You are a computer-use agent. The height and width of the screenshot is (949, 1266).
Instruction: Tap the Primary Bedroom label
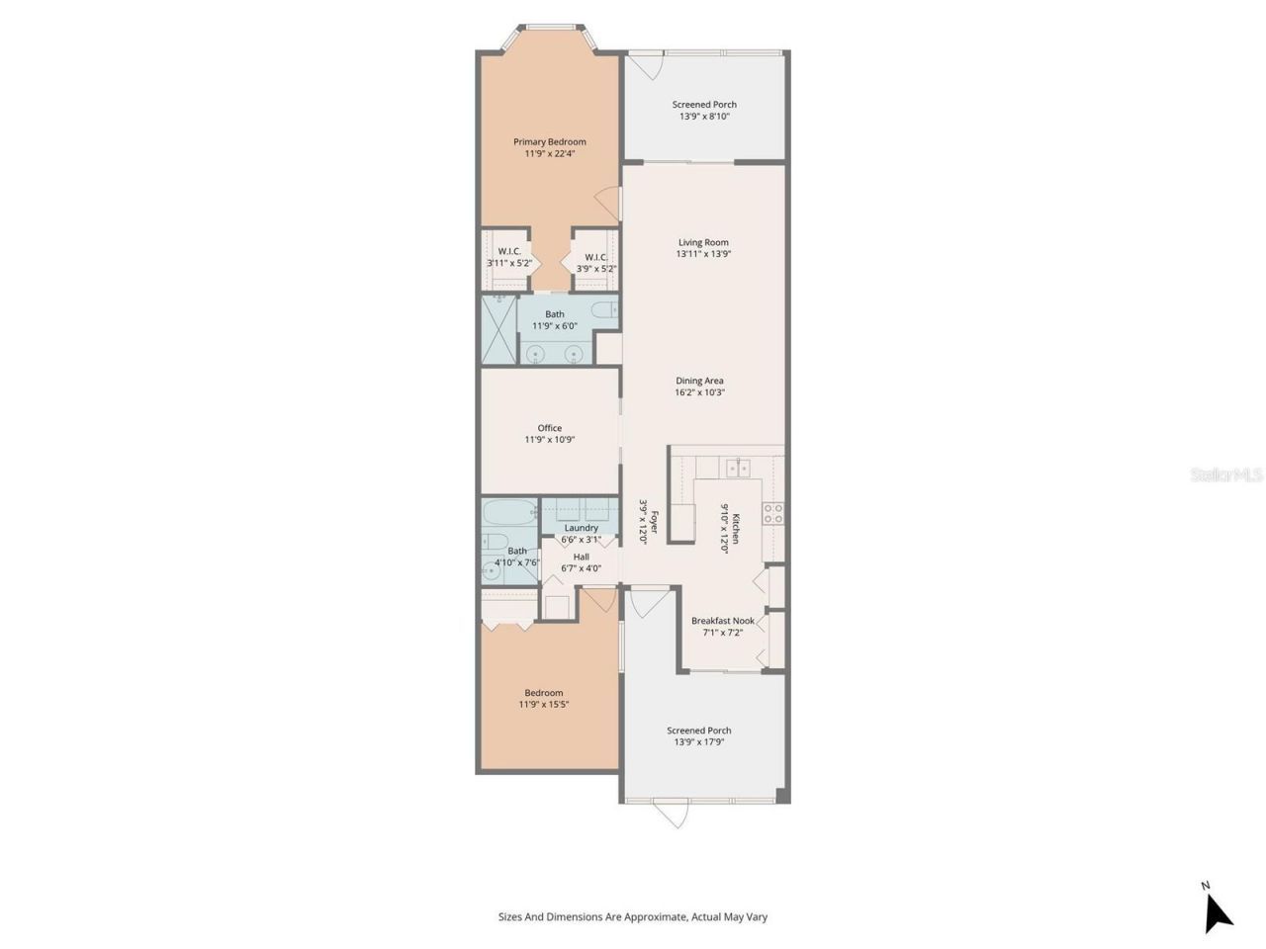pos(549,141)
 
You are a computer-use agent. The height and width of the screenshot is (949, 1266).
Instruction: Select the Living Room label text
pos(703,242)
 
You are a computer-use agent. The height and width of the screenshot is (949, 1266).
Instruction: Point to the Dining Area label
pos(699,381)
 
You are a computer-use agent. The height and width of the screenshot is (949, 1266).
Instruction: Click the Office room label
pos(549,428)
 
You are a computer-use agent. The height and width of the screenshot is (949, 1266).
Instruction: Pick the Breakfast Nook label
pos(722,621)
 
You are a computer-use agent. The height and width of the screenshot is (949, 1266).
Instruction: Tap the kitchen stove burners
pos(772,513)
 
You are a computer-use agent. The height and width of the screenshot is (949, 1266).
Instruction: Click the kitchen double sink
pos(737,468)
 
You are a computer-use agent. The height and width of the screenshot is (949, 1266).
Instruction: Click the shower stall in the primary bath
pos(499,329)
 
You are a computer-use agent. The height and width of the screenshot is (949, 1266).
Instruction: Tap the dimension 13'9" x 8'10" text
pos(704,117)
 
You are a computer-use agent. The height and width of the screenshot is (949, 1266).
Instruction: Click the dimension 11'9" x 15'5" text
pos(544,705)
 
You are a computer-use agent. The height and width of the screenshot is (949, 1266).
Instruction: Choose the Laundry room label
pos(581,528)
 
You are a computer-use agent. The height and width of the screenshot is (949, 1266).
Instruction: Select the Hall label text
pos(581,557)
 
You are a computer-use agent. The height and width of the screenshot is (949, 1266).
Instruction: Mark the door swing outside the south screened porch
pos(671,814)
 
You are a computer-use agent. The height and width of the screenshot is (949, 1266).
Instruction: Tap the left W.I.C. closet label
pos(509,252)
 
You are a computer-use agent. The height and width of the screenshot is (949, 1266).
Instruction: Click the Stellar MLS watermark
pos(1226,475)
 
